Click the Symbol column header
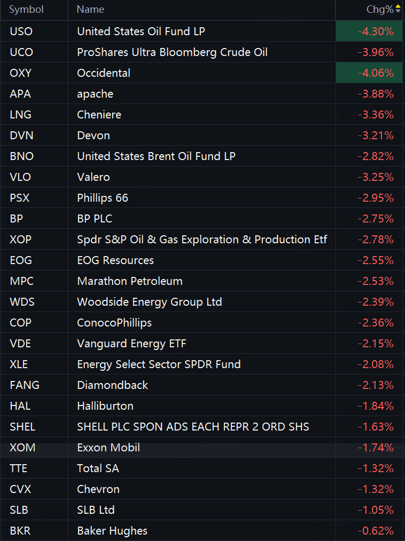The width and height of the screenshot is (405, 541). point(26,9)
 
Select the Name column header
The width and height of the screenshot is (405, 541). point(90,9)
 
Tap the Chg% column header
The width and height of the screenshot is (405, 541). point(380,9)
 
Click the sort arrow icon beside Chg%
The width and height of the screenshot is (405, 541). point(398,9)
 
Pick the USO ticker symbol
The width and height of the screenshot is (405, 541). point(21,31)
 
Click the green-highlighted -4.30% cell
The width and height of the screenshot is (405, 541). point(369,31)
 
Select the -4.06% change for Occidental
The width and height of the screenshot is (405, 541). point(376,73)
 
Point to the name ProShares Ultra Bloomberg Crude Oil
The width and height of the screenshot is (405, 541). point(172,52)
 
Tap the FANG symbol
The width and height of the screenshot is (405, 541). point(25,385)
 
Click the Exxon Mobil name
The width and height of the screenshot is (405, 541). point(108,448)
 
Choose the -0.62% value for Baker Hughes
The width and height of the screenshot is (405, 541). point(376,531)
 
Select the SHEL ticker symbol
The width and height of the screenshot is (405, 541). point(22,427)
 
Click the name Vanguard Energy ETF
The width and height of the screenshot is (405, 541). point(131,344)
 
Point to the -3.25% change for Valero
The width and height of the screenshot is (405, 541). point(376,177)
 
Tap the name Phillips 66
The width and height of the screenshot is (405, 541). point(103,198)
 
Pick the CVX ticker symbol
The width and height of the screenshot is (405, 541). point(20,489)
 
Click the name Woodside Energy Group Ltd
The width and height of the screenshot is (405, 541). point(149,302)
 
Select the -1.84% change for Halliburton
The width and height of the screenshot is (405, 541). point(376,405)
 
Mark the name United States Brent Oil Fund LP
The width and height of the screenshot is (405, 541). point(156,156)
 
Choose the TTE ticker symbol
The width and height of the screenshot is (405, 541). point(18,468)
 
